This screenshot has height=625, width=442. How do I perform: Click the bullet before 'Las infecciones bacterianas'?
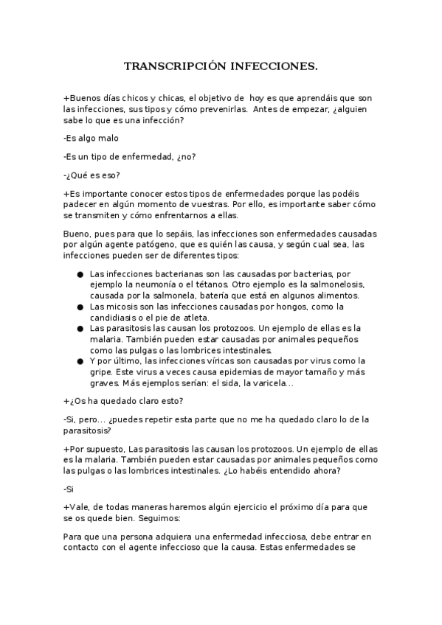point(80,274)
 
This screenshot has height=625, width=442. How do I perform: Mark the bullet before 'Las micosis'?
point(80,307)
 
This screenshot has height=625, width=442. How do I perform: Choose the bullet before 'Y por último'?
point(80,361)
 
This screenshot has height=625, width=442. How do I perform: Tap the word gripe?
point(101,372)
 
